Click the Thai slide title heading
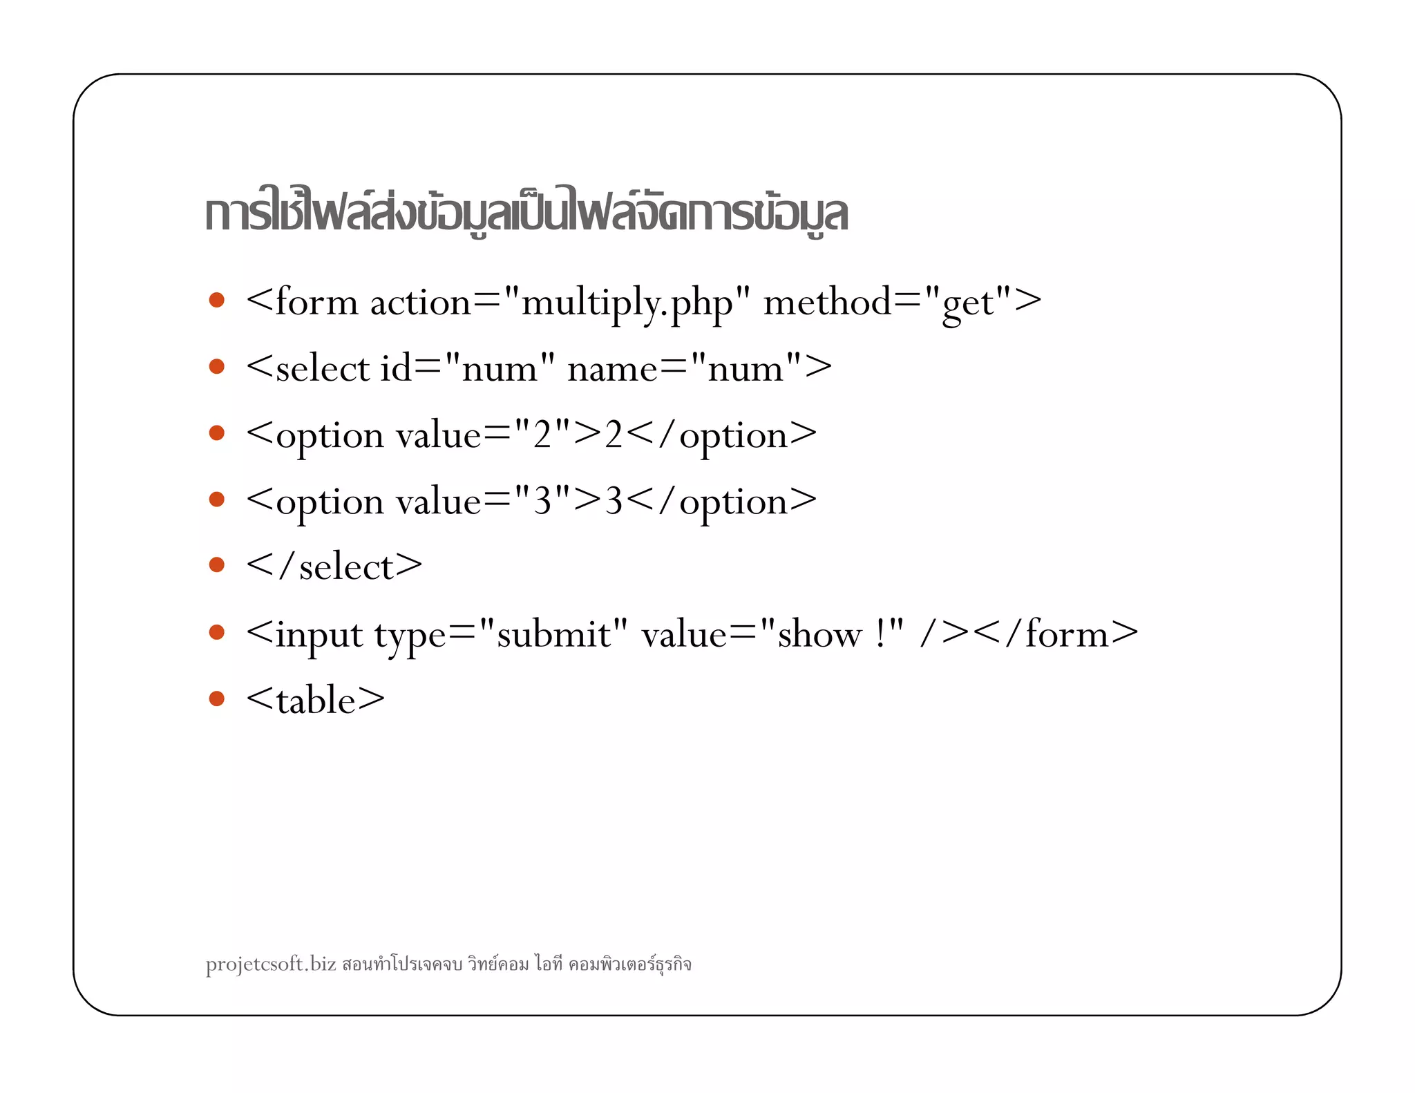(526, 213)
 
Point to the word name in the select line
(612, 369)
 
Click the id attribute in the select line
(396, 368)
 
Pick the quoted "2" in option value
(542, 435)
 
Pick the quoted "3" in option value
(542, 501)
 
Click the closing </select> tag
(334, 567)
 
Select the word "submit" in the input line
(553, 634)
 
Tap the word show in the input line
(820, 634)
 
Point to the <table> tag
(315, 700)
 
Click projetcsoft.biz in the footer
(271, 964)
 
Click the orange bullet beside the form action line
(217, 300)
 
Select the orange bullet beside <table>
(217, 698)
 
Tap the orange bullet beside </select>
(217, 565)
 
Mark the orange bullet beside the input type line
(217, 632)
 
